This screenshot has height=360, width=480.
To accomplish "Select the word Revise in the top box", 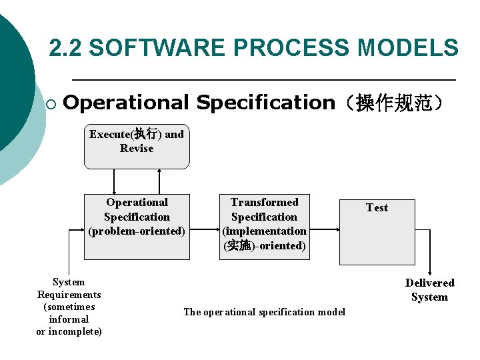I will [137, 149].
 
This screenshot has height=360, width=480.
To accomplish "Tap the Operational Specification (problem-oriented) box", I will [137, 227].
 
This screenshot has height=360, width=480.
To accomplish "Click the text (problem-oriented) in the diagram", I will [137, 231].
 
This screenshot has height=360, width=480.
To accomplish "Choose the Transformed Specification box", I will [265, 227].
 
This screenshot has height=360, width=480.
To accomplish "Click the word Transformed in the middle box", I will [265, 202].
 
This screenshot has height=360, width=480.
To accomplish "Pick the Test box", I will [377, 232].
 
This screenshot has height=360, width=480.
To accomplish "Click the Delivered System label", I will [429, 290].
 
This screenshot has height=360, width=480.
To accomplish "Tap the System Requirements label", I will [69, 289].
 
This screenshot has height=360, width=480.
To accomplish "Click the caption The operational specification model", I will [264, 312].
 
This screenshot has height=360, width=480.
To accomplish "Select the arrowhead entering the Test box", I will [337, 230].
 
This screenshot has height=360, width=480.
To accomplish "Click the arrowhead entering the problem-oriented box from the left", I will [81, 230].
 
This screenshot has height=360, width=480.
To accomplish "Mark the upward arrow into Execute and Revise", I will [159, 172].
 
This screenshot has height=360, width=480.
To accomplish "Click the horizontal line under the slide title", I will [263, 80].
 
